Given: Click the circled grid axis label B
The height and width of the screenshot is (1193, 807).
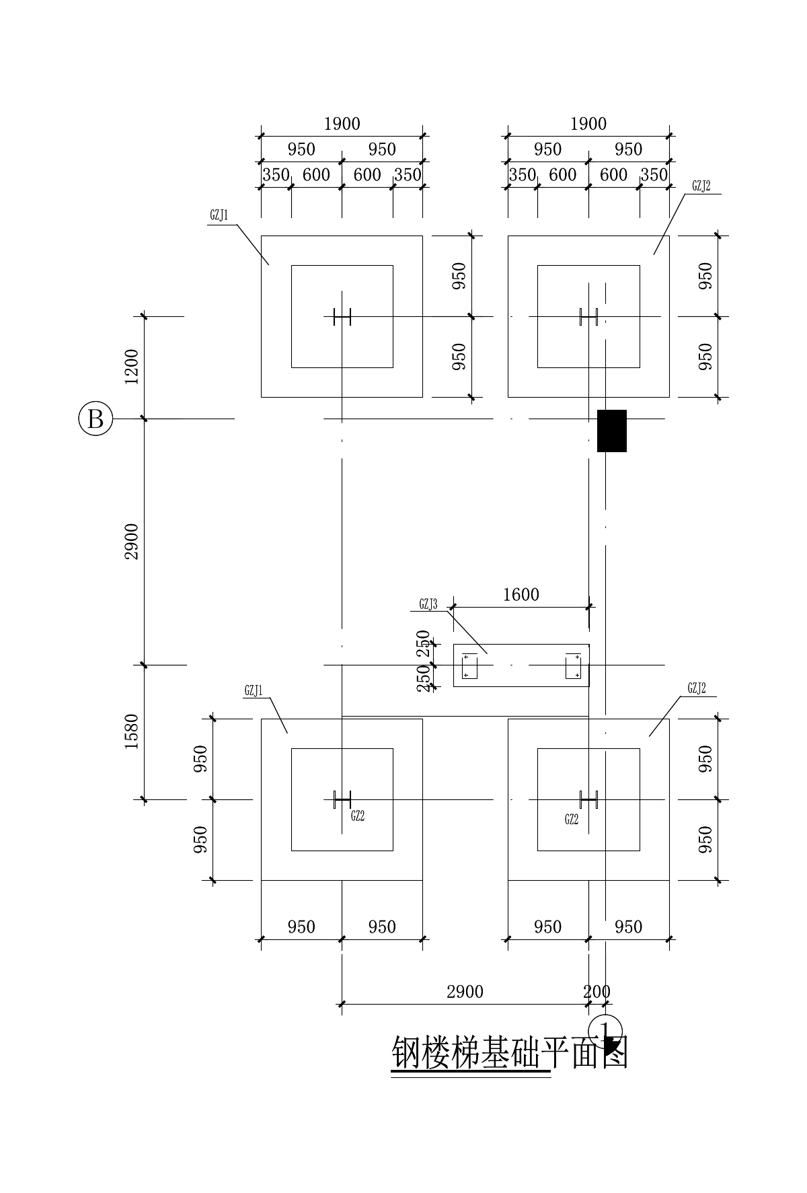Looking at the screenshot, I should (95, 419).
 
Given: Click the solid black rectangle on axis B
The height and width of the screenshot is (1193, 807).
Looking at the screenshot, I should (612, 431).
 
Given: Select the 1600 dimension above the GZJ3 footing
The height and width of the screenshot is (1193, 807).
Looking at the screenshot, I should (521, 595).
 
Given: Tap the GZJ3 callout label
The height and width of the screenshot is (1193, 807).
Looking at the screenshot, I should (428, 605).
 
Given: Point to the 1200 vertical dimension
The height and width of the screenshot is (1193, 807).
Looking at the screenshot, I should (132, 367).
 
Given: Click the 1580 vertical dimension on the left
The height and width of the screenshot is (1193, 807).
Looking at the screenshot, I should (132, 732).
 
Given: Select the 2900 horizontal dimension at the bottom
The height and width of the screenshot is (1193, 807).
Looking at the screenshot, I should (465, 992).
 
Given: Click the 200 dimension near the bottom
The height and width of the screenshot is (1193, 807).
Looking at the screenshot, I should (597, 992).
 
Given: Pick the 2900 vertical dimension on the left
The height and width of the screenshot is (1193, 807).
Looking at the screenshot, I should (132, 541).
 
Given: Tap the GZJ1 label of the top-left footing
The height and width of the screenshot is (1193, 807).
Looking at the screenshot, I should (219, 216).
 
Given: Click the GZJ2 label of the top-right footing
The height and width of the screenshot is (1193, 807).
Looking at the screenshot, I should (701, 186).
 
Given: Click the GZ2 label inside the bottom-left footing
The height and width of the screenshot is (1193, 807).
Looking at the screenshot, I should (358, 816).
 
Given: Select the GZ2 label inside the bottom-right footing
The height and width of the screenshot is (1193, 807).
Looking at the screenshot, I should (572, 819).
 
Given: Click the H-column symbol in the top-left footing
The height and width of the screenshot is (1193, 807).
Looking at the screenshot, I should (342, 316).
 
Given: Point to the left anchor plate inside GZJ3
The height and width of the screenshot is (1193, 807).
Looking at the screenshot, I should (469, 666).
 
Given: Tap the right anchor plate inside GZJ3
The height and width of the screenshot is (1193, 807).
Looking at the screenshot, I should (573, 666).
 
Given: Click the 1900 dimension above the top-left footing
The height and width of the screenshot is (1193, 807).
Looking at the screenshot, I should (342, 124).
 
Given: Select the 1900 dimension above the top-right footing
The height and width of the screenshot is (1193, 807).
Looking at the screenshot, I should (588, 124).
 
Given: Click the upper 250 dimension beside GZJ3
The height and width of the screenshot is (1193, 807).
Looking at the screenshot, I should (424, 643).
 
